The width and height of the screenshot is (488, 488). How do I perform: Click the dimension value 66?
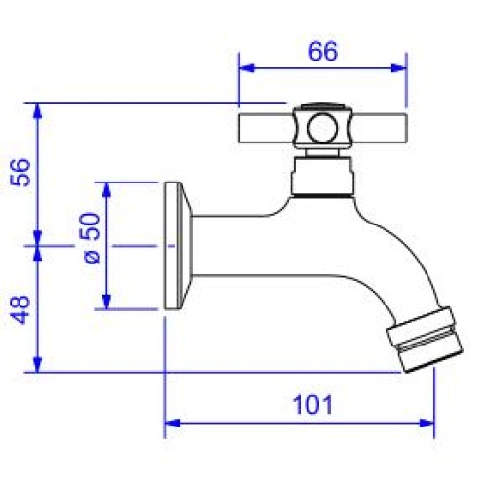(x=323, y=52)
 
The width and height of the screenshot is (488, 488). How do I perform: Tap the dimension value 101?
(x=312, y=404)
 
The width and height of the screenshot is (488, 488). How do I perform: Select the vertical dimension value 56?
(x=20, y=173)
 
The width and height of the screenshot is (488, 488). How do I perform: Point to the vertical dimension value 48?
(x=20, y=309)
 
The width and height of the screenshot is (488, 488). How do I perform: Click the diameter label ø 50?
(x=92, y=238)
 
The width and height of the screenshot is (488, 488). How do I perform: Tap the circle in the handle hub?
(x=321, y=128)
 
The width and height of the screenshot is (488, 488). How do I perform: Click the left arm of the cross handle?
(x=266, y=128)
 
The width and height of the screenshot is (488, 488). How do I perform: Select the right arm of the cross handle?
(x=379, y=128)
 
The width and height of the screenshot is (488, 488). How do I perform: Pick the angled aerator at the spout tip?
(x=425, y=340)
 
